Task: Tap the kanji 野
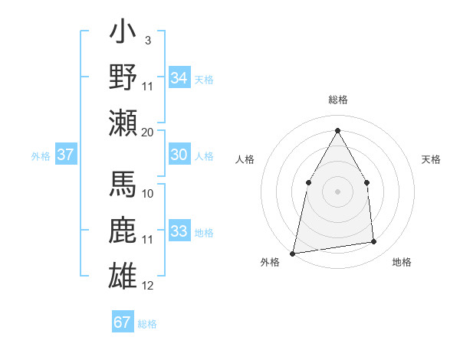coord(123,77)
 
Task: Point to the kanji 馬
coord(123,188)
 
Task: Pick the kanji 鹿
coord(123,231)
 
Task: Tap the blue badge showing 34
coord(179,78)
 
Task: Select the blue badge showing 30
coord(179,155)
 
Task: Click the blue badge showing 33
coord(179,231)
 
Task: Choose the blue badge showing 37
coord(66,155)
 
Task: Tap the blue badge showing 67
coord(123,322)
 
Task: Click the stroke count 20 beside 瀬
coord(147,133)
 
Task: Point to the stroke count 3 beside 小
coord(147,40)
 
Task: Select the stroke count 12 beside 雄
coord(148,286)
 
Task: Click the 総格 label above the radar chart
coord(338,100)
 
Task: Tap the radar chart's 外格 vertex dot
coord(293,253)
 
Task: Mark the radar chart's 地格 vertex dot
coord(374,242)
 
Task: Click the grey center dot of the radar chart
coord(337,191)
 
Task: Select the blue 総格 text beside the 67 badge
coord(147,324)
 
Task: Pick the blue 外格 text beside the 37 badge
coord(41,156)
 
